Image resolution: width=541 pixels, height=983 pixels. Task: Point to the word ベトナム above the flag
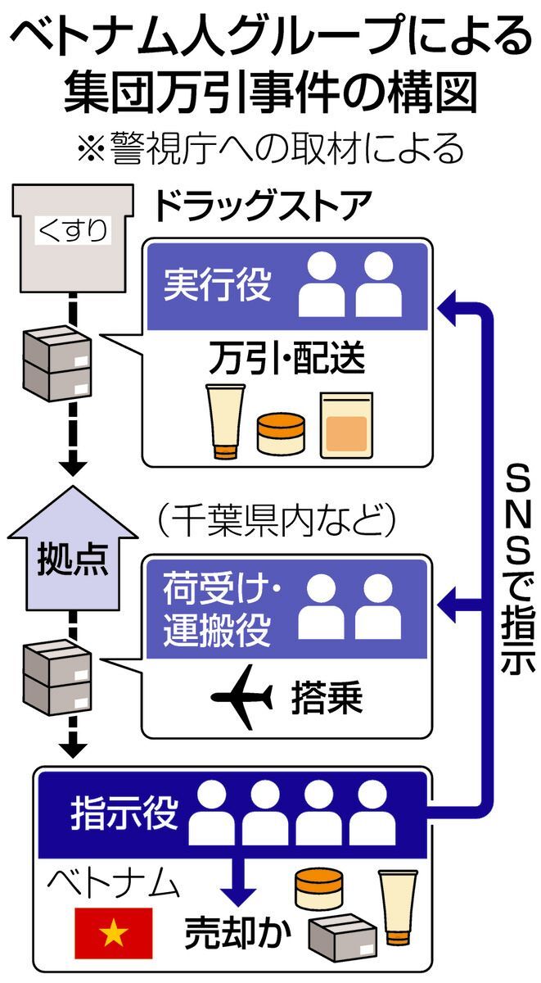(111, 884)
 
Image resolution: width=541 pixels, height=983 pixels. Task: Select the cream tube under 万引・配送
(225, 419)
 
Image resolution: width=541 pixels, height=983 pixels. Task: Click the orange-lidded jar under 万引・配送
(280, 433)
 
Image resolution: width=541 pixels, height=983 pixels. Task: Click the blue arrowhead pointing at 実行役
(448, 307)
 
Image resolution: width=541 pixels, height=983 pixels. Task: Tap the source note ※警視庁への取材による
(269, 149)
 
